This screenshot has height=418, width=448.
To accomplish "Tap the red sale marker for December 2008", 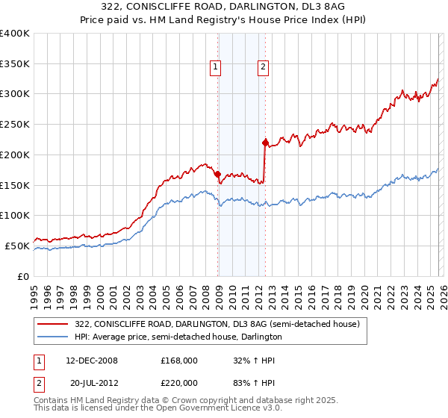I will click(217, 173).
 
